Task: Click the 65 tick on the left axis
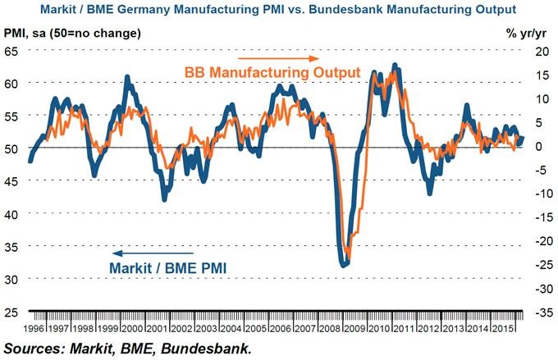pyautogui.click(x=12, y=51)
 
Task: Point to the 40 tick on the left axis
pyautogui.click(x=12, y=213)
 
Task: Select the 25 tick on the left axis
pyautogui.click(x=12, y=311)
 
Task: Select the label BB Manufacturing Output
pyautogui.click(x=278, y=73)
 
